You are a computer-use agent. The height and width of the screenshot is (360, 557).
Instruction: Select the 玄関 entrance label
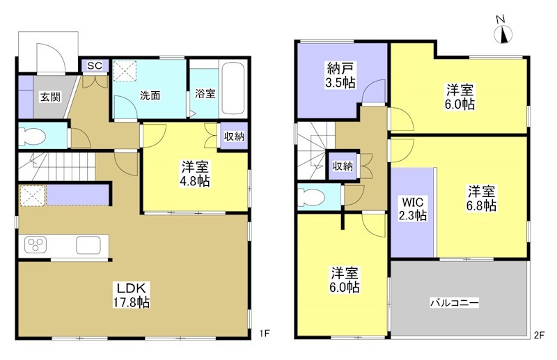coord(49,97)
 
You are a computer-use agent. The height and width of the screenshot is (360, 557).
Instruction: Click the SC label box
coord(95,66)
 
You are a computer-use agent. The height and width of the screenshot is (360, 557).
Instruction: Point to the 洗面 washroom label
coord(150,95)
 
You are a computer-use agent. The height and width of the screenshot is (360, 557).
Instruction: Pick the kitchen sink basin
coord(89,245)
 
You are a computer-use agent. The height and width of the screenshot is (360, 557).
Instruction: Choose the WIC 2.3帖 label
coord(413,209)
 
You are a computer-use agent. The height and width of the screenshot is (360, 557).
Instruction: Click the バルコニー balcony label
coord(454,304)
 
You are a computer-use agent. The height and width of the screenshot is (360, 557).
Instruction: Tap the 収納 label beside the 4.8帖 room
coord(234,136)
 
